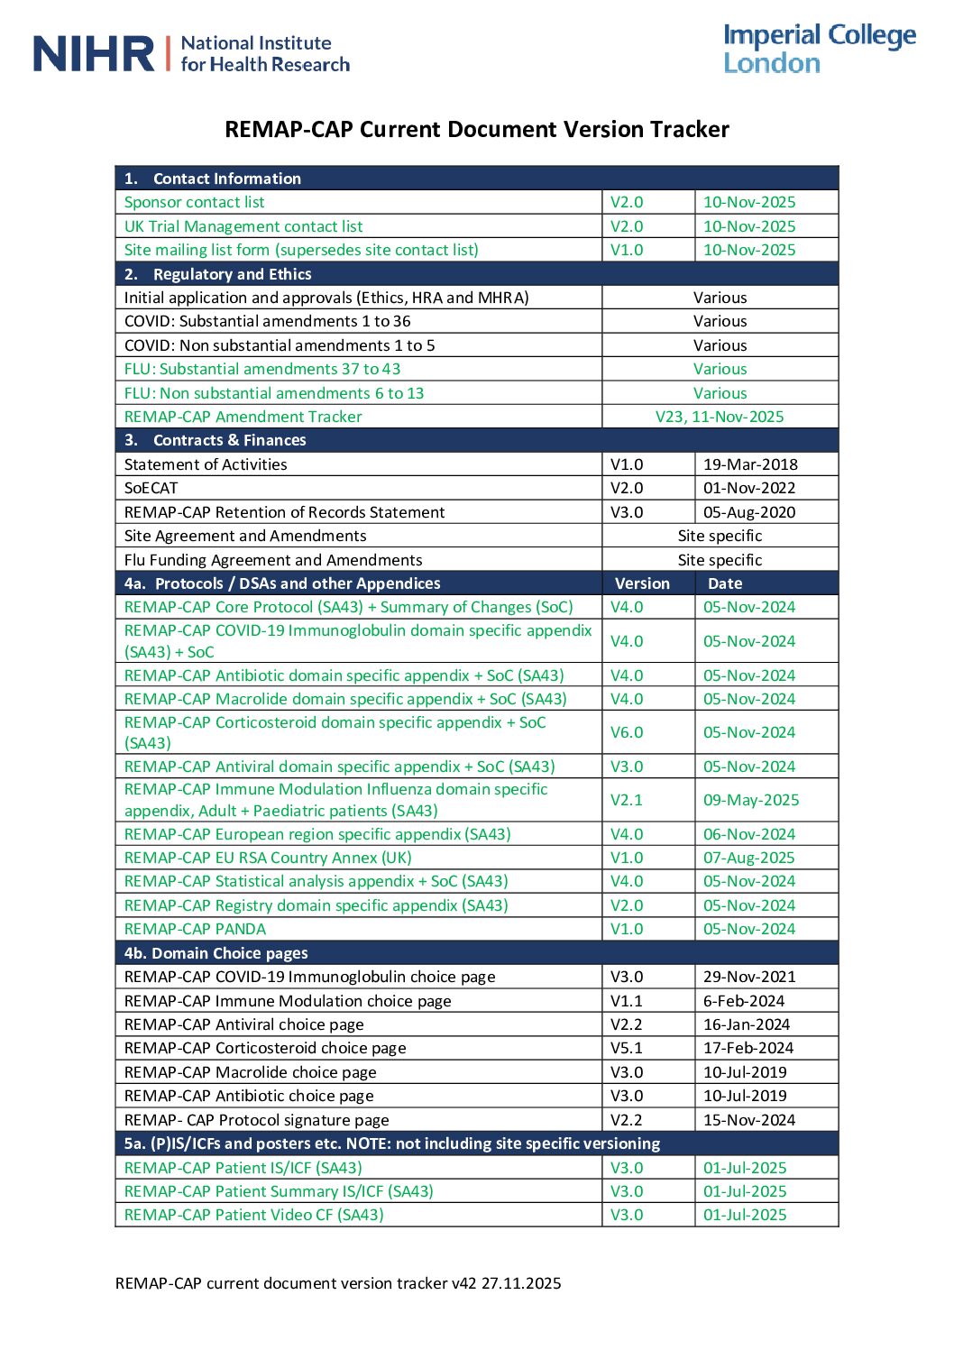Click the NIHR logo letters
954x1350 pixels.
click(94, 54)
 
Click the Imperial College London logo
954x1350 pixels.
click(819, 49)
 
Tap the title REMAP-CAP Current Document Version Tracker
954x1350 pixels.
click(476, 129)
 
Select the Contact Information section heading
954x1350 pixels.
click(226, 179)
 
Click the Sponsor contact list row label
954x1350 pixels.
click(195, 202)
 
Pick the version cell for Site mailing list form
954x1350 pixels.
click(627, 250)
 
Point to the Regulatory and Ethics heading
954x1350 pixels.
click(232, 274)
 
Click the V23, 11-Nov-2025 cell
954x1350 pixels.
click(720, 417)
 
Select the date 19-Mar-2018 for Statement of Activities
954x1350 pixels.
click(750, 464)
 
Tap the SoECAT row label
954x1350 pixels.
click(151, 488)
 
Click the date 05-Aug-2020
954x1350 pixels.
click(749, 512)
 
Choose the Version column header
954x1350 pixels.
click(642, 583)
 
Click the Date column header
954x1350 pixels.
click(725, 583)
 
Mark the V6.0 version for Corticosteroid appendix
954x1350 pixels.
click(627, 732)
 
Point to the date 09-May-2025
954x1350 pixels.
click(751, 800)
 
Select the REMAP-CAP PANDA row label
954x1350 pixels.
click(195, 929)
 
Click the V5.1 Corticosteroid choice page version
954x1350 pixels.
click(627, 1048)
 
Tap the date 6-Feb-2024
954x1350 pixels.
click(744, 1001)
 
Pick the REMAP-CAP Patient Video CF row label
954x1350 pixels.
click(253, 1215)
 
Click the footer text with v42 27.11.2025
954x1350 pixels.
click(338, 1283)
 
